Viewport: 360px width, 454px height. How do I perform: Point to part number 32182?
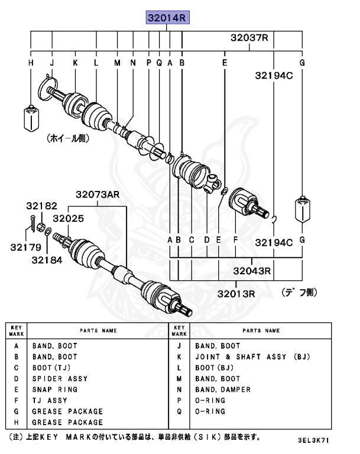(x=41, y=206)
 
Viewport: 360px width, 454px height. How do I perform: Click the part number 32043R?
(x=252, y=271)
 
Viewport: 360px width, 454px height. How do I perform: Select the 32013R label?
(x=235, y=293)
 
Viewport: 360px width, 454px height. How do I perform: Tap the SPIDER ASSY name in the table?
(x=60, y=378)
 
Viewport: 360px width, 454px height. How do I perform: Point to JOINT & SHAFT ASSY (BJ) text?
(x=252, y=357)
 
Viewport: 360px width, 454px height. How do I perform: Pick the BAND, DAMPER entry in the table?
(x=223, y=390)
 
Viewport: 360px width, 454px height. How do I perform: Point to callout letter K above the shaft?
(x=75, y=62)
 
